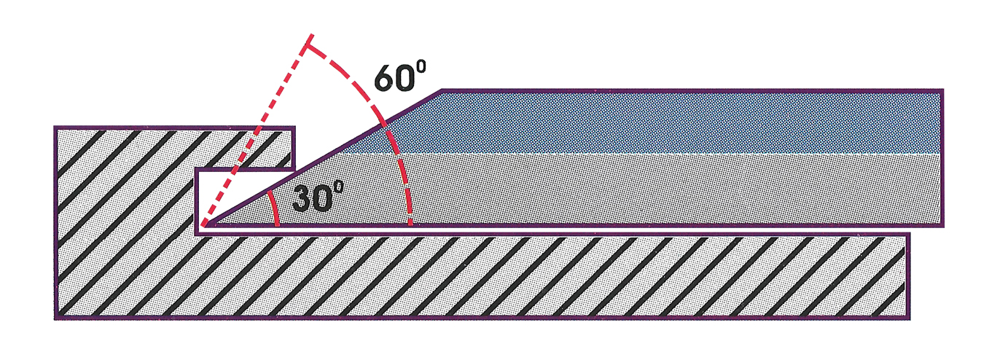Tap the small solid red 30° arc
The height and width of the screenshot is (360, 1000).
point(274,208)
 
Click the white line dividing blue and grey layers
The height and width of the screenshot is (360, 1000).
point(656,154)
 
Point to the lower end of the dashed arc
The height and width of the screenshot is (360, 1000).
point(412,222)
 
